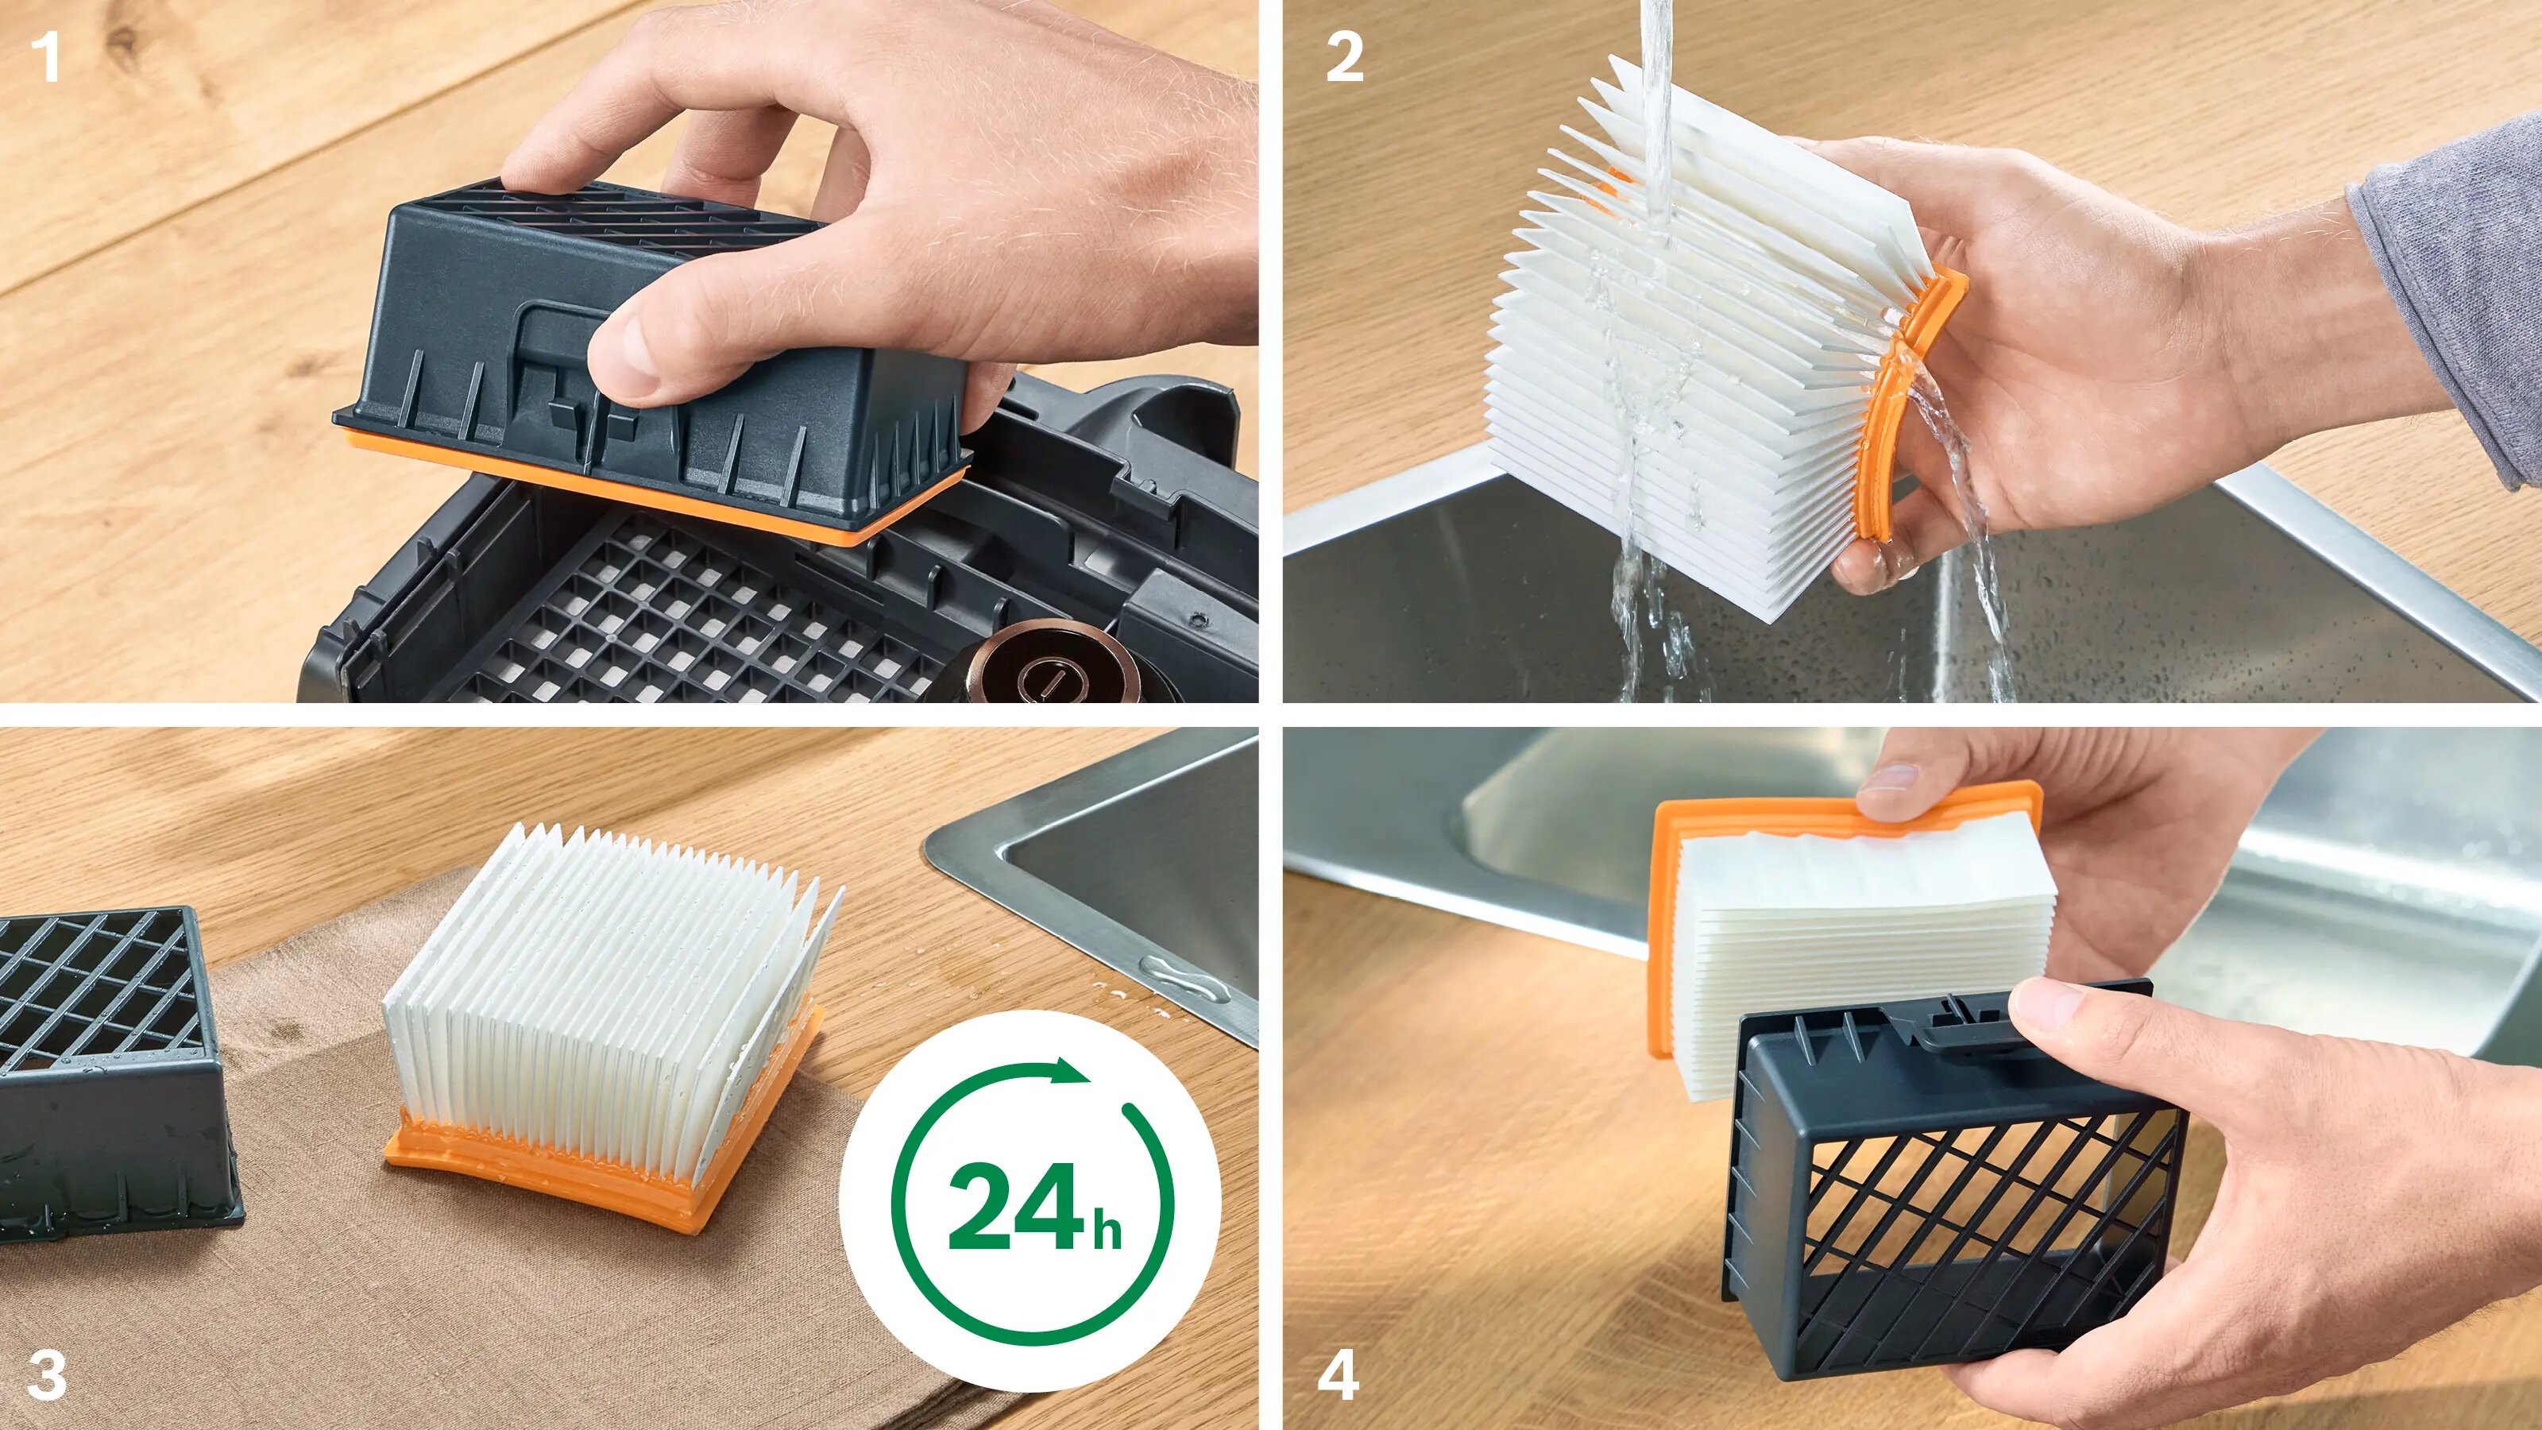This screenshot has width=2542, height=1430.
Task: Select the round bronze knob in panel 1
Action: [x=1052, y=671]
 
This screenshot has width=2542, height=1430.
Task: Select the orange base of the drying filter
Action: [x=602, y=1169]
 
